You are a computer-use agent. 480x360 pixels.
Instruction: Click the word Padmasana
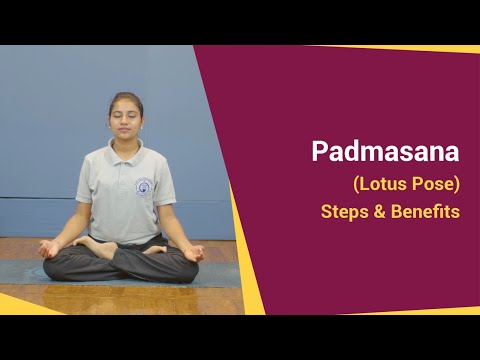coord(385,152)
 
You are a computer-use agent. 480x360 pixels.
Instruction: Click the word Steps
coord(343,212)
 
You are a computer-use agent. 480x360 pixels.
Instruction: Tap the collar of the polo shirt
coord(126,151)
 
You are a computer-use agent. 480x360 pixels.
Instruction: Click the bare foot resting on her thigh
coord(95,245)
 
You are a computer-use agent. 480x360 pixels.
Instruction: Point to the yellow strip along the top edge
coord(400,48)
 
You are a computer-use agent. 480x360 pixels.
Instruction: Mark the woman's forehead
coord(125,103)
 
